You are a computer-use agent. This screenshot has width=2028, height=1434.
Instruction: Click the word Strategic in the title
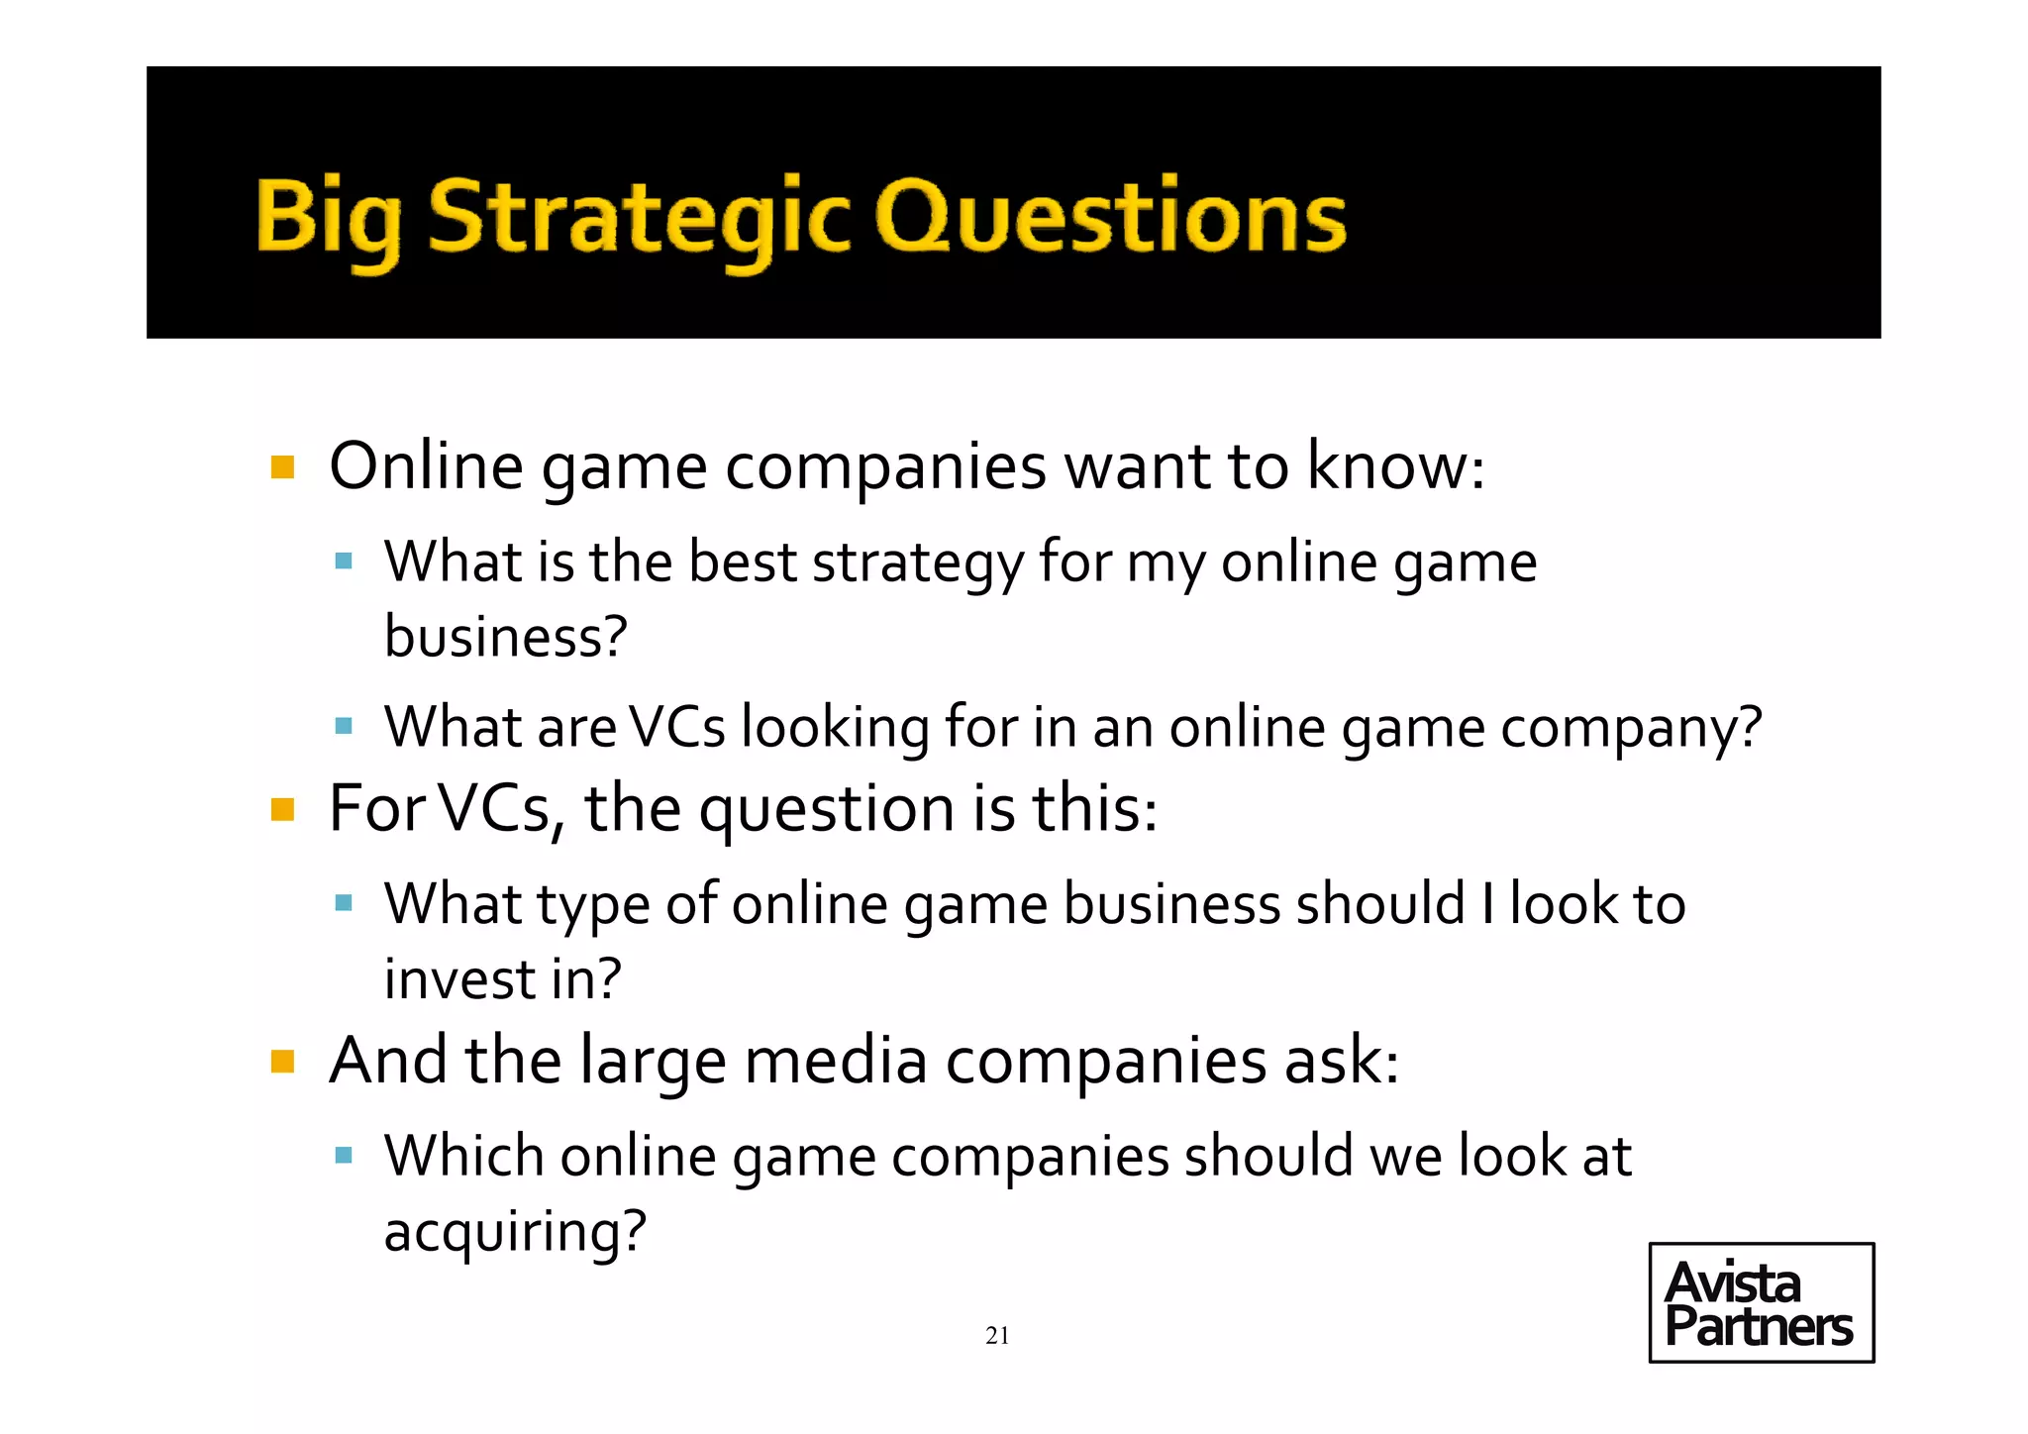click(x=639, y=216)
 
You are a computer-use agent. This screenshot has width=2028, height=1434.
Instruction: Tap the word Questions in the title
click(x=1110, y=216)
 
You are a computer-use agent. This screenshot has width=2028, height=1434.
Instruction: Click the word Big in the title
click(x=329, y=216)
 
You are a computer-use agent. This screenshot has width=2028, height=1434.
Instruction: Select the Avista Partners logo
click(x=1761, y=1302)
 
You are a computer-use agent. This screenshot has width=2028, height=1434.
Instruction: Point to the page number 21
click(x=997, y=1336)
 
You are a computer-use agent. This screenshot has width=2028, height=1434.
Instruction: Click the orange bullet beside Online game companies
click(x=283, y=467)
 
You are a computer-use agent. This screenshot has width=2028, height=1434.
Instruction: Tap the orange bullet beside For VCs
click(x=283, y=810)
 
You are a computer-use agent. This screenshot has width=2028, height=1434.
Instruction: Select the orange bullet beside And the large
click(x=283, y=1063)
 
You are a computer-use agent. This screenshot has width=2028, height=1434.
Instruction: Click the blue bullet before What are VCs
click(x=344, y=727)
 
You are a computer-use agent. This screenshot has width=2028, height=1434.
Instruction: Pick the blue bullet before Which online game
click(x=344, y=1155)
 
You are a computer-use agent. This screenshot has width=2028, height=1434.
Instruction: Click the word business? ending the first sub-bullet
click(x=505, y=637)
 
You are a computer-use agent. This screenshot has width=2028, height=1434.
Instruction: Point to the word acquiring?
click(x=515, y=1232)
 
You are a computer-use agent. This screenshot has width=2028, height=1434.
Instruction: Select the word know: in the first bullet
click(x=1395, y=465)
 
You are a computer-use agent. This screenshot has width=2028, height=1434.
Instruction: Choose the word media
click(x=836, y=1061)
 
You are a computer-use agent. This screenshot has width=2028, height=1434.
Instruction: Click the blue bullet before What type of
click(x=344, y=903)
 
